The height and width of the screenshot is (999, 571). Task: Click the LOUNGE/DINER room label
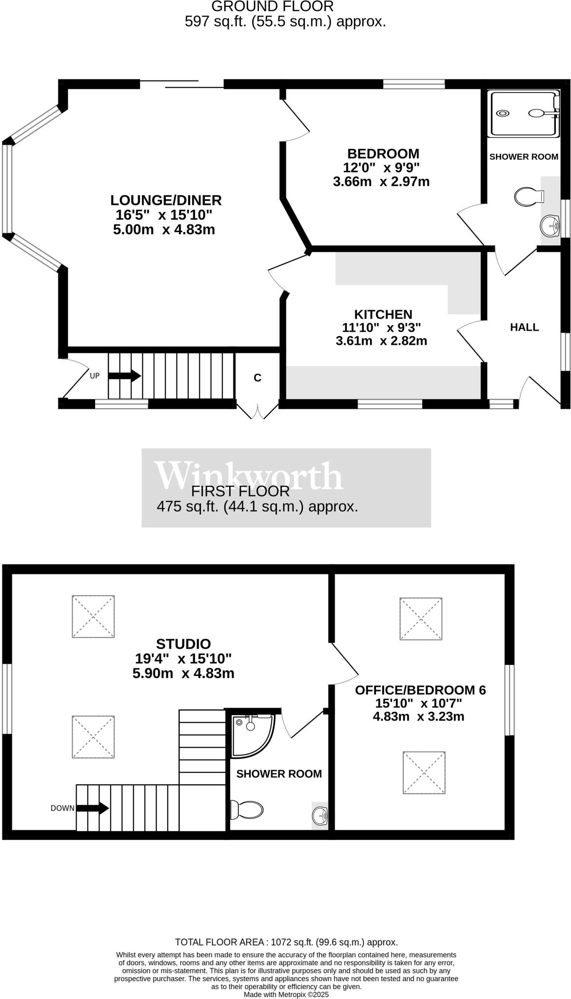click(x=166, y=200)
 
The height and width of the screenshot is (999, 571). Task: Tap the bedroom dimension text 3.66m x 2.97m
click(x=381, y=182)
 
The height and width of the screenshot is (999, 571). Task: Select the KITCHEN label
click(x=383, y=314)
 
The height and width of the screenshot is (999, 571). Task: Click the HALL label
click(x=524, y=327)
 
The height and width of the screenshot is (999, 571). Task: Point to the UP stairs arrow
click(x=124, y=376)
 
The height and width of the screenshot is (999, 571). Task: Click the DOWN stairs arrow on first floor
click(x=93, y=808)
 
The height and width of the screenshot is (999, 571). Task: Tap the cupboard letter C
click(x=257, y=378)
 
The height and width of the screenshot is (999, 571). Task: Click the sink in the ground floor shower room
click(x=550, y=225)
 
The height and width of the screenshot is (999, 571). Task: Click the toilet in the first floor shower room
click(x=247, y=810)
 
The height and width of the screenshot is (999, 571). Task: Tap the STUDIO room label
click(x=183, y=644)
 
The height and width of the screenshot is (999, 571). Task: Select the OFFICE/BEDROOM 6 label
click(x=420, y=690)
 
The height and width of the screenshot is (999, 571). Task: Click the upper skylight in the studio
click(x=93, y=616)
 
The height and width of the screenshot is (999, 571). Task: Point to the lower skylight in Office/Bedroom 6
click(x=424, y=773)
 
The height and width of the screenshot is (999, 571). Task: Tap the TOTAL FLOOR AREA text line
click(x=286, y=942)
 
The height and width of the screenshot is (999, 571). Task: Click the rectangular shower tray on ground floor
click(x=524, y=113)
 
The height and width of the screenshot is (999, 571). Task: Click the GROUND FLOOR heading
click(x=272, y=6)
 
